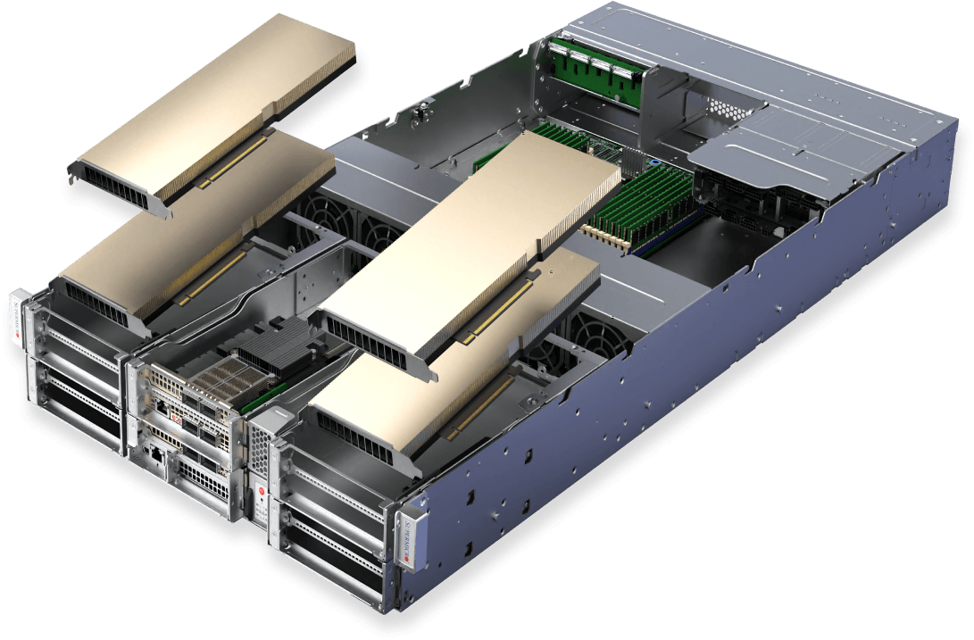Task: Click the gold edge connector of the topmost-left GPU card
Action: tap(231, 160)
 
